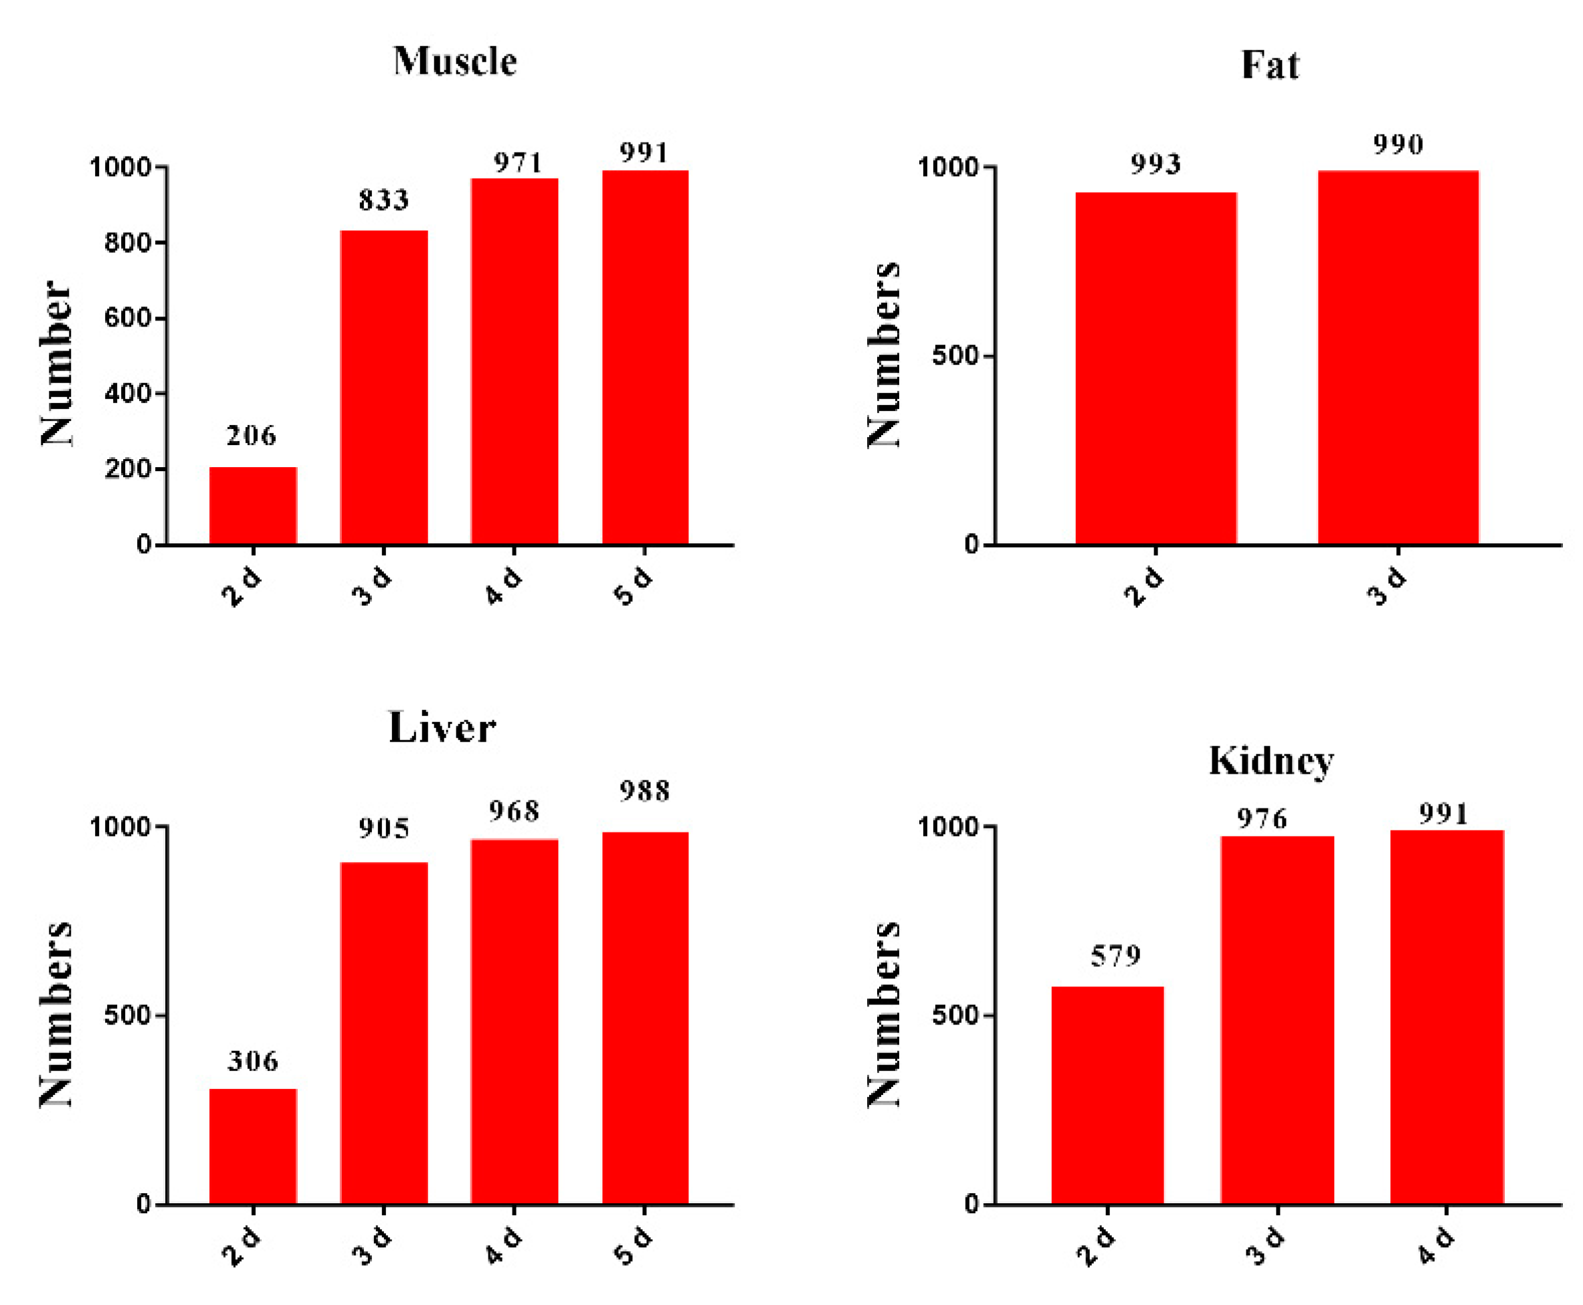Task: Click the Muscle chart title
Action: point(454,62)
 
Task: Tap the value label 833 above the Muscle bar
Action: point(383,200)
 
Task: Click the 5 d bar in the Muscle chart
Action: point(644,357)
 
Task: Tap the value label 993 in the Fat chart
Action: point(1155,164)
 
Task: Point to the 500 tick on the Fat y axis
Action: point(956,355)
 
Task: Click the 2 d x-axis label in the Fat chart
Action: point(1143,586)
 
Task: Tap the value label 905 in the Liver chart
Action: point(383,829)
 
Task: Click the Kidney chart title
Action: point(1271,761)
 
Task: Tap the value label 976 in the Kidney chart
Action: point(1261,818)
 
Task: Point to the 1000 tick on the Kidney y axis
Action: point(949,826)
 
